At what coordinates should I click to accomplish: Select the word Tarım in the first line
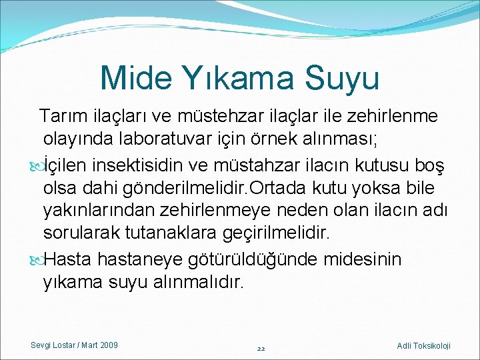(x=61, y=117)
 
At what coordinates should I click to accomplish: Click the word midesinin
(x=363, y=259)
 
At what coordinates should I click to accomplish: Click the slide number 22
(x=261, y=348)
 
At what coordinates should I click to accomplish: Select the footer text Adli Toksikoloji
(x=423, y=345)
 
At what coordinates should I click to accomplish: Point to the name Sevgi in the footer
(x=41, y=345)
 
